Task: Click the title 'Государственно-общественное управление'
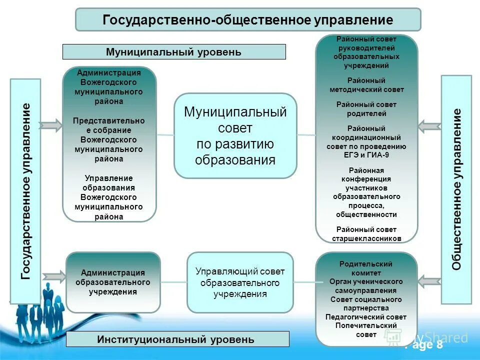248,20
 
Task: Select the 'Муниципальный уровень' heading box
173,52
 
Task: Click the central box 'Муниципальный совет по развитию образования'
235,135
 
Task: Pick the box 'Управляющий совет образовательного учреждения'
239,282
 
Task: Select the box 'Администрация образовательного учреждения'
113,282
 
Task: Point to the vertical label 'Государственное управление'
25,191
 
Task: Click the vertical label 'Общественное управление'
456,189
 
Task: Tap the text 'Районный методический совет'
366,85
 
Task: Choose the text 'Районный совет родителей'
366,109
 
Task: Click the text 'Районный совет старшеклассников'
366,234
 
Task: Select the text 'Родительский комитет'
366,268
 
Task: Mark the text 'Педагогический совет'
366,317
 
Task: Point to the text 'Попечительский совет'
366,330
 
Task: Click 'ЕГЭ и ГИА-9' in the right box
366,155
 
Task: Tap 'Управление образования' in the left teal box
108,183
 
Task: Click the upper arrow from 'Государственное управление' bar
50,125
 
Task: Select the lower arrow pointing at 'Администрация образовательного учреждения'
54,276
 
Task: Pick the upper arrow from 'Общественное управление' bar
429,126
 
